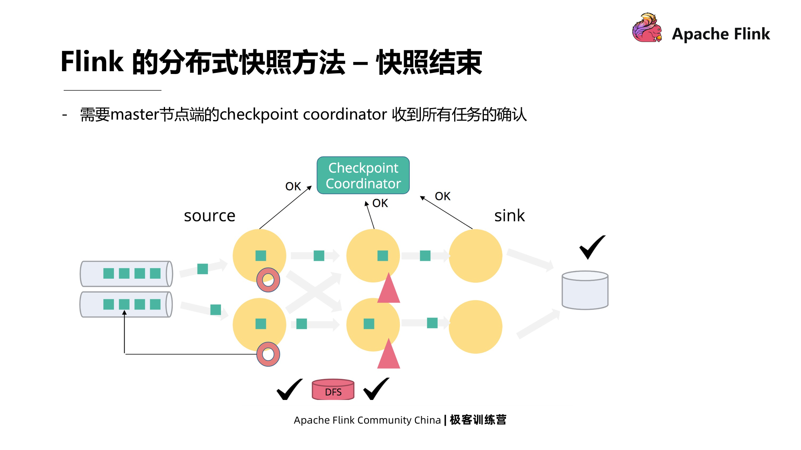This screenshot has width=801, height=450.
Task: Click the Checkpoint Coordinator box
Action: tap(363, 176)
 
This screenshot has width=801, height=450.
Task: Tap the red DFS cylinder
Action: tap(333, 390)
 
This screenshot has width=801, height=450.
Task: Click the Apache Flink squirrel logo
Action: tap(647, 28)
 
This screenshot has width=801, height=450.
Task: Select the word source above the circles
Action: tap(209, 216)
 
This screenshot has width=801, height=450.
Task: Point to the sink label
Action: tap(509, 216)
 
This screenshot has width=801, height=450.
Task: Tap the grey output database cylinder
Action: tap(585, 290)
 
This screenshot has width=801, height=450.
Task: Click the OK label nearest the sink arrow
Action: tap(442, 196)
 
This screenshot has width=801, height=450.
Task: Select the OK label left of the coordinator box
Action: tap(293, 186)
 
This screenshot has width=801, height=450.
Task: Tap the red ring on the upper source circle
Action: tap(268, 280)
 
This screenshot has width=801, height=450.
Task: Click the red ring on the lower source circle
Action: tap(268, 354)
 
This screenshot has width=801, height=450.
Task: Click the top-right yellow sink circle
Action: tap(475, 256)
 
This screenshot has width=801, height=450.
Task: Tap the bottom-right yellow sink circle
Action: tap(475, 327)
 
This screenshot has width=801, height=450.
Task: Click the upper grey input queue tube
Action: tap(126, 274)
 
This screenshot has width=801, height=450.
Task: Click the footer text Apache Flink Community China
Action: tap(367, 420)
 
